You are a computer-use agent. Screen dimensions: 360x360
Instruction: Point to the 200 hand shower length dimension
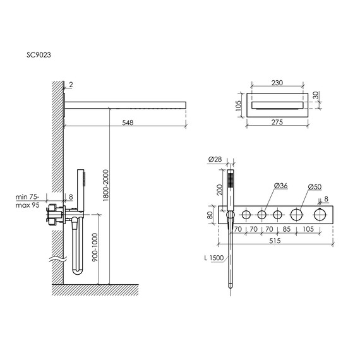[219, 189]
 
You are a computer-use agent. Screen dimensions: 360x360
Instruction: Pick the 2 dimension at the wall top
[72, 83]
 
